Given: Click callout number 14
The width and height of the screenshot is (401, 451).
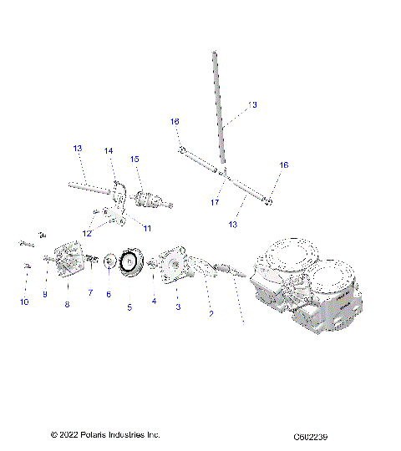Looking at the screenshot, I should point(109,151).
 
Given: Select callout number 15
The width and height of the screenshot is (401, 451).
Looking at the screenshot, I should point(135,159).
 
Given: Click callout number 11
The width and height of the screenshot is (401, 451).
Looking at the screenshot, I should point(147,228).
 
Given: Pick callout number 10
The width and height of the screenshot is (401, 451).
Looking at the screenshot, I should point(24,302).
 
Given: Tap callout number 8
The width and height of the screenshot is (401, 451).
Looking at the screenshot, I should point(67,305).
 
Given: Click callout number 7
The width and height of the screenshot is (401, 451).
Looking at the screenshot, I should point(90,293).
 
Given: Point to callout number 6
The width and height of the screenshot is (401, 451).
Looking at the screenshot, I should point(108,294).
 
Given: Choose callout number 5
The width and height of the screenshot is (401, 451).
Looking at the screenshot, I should point(129,307).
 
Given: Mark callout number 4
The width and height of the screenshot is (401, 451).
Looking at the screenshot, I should point(154,301).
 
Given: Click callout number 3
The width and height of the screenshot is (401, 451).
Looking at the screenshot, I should point(176,307).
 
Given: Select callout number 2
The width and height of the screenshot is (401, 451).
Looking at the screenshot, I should point(211,314).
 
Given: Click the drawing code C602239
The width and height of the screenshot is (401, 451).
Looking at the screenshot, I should point(315,437).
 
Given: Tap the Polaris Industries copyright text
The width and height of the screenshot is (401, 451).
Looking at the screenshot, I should point(104,435).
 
